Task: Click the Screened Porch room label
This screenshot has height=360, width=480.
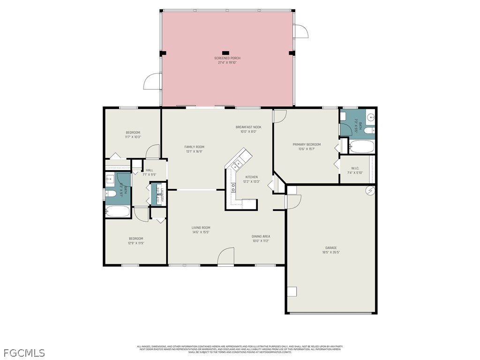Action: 227,58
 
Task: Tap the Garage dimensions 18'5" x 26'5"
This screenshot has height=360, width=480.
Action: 331,252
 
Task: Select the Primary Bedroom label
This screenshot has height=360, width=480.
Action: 307,144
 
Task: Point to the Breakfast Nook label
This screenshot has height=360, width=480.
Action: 248,127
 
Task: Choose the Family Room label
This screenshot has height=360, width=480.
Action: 194,147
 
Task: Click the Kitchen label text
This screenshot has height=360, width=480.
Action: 251,177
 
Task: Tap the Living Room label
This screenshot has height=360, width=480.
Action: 201,228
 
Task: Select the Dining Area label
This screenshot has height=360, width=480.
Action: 261,236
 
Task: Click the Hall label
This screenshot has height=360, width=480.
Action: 149,170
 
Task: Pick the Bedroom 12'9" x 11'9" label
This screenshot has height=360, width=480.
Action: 136,239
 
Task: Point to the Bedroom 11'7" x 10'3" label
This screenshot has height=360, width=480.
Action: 133,132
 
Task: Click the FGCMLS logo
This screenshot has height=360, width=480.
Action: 24,352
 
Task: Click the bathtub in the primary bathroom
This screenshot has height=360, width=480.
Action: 361,147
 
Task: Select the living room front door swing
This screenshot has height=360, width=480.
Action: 226,256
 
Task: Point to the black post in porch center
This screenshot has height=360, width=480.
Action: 225,52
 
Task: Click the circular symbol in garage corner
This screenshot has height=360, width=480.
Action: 370,191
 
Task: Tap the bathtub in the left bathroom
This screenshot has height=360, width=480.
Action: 117,211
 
